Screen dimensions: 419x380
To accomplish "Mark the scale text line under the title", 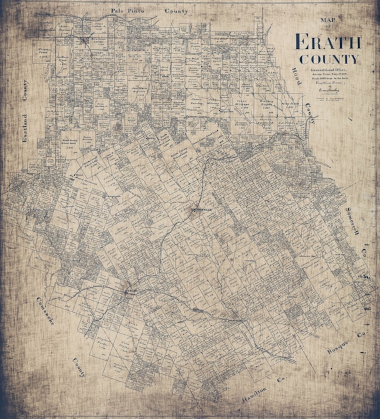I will pos(327,78).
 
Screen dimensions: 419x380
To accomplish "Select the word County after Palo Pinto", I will pos(177,11).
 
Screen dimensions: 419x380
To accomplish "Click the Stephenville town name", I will pos(199,207).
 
